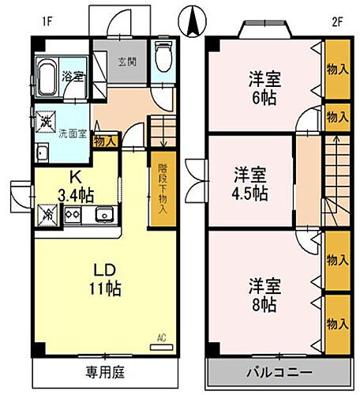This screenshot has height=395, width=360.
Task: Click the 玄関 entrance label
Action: tap(127, 62)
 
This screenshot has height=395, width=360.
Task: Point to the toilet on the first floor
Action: tap(163, 58)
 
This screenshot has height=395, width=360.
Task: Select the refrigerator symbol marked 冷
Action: tap(46, 213)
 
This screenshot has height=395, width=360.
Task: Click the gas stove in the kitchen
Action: tap(73, 215)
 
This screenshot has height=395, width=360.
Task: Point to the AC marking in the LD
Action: tap(161, 339)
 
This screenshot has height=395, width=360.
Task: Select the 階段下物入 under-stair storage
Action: tap(162, 190)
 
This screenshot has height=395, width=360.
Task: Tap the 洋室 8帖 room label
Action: tap(259, 293)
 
